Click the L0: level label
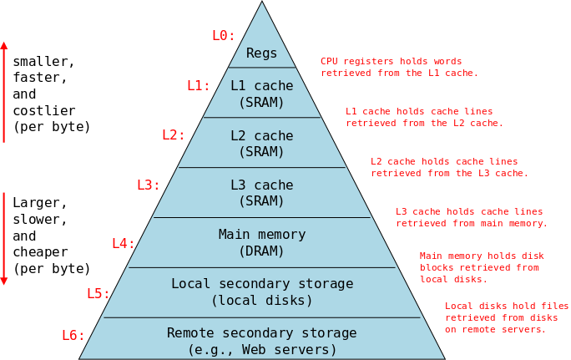tap(224, 35)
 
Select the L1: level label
tap(199, 85)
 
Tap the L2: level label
tap(174, 134)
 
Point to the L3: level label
tap(149, 185)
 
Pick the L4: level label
tap(124, 243)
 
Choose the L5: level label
tap(99, 293)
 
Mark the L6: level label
tap(73, 335)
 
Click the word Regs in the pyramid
tap(262, 53)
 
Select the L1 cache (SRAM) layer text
tap(262, 94)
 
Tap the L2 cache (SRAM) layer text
tap(262, 143)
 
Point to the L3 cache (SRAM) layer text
tap(262, 193)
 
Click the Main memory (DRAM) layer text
tap(262, 243)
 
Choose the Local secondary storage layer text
tap(262, 292)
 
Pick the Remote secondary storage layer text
tap(262, 341)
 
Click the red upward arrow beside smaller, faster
tap(4, 92)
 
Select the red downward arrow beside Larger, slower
tap(4, 238)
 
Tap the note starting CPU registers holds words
tap(399, 67)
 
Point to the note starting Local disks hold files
tap(506, 317)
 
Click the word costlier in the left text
tap(44, 110)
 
